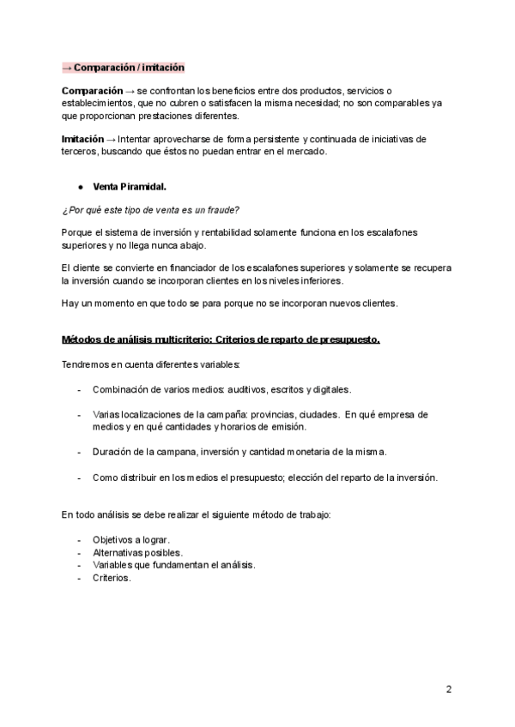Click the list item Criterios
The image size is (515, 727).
click(112, 578)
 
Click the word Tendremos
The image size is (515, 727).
click(87, 364)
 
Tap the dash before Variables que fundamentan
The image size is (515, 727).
click(80, 566)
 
